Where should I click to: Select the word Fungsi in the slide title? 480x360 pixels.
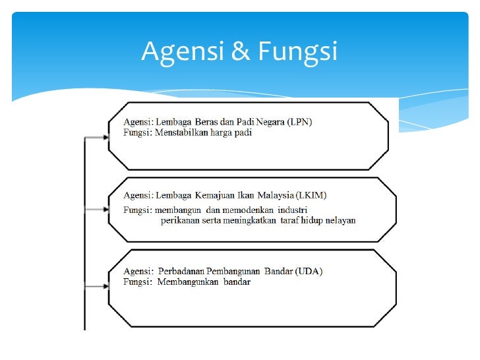297,51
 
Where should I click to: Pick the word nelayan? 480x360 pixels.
339,220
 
